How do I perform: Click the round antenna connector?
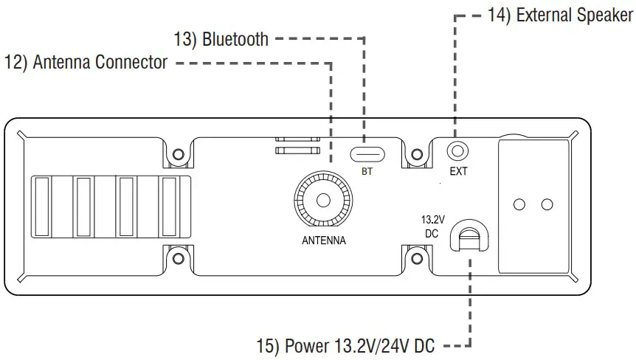[x=323, y=200]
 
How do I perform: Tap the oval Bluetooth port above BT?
[x=366, y=153]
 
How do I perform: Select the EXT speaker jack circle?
[x=458, y=151]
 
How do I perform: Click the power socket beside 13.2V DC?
[x=469, y=237]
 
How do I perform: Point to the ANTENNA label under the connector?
[x=323, y=240]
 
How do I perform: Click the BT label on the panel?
[x=367, y=173]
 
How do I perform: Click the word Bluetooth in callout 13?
[x=235, y=38]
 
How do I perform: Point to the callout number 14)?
[x=500, y=15]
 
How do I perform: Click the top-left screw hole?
[x=178, y=156]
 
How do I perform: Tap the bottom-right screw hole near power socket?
[x=416, y=258]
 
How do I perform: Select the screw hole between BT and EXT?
[x=416, y=156]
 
